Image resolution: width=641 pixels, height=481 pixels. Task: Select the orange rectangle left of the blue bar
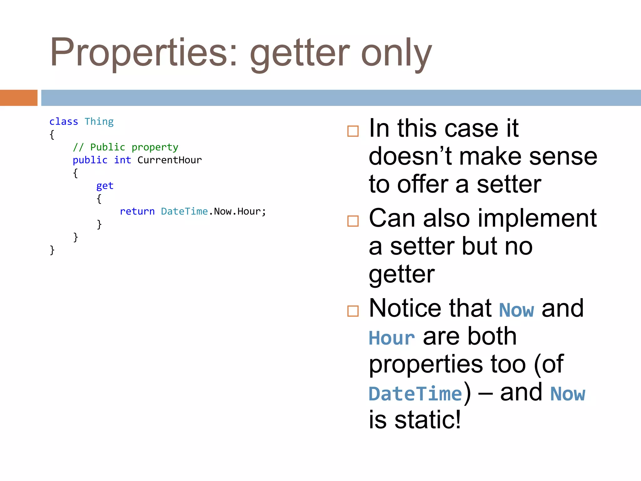click(18, 98)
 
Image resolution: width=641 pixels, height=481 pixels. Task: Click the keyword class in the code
click(64, 122)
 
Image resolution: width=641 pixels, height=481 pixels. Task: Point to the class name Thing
click(99, 122)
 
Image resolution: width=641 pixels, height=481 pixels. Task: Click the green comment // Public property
click(125, 147)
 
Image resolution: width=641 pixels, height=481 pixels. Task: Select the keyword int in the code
click(122, 160)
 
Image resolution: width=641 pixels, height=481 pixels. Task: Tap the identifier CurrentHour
click(169, 160)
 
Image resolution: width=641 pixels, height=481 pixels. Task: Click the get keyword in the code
click(105, 186)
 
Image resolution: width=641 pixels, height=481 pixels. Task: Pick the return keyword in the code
click(137, 211)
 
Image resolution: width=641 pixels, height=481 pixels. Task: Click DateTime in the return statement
click(184, 211)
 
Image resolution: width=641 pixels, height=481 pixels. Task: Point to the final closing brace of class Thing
click(52, 250)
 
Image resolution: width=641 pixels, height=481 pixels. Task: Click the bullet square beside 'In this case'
click(353, 131)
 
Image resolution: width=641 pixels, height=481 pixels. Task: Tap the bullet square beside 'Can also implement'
click(353, 221)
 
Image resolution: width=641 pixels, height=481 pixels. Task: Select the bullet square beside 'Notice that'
click(353, 311)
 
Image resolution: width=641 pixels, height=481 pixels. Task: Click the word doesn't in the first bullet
click(410, 156)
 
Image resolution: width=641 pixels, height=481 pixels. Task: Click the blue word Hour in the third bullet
click(392, 338)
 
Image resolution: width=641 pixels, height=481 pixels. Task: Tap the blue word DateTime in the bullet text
click(415, 394)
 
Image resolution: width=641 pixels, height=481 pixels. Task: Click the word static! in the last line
click(428, 420)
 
